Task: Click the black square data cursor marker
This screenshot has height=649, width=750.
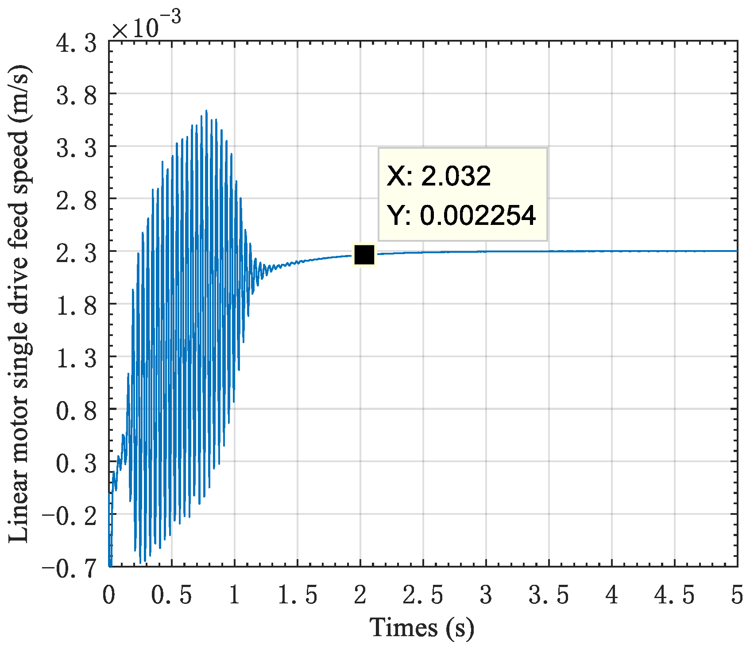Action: [364, 255]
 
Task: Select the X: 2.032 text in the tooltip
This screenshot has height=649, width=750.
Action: [439, 176]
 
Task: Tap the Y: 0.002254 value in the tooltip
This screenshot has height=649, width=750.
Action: [461, 216]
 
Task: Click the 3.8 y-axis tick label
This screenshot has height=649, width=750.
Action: [76, 96]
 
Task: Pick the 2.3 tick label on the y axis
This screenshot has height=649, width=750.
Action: [76, 254]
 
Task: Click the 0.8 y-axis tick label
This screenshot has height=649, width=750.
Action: [76, 411]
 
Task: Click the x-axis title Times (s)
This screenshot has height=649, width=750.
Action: [422, 628]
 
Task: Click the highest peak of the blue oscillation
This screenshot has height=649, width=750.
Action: [206, 111]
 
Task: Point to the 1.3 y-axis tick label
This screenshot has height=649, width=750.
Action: [76, 359]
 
